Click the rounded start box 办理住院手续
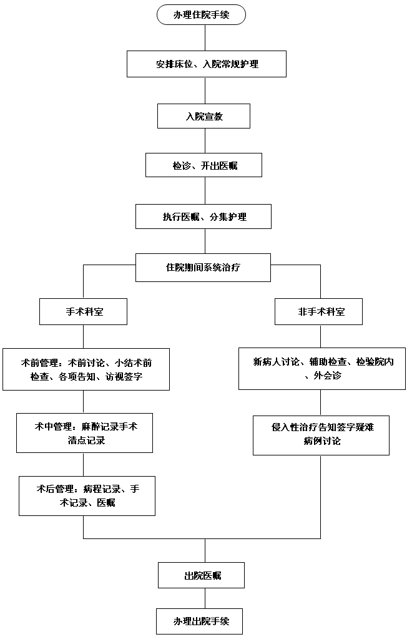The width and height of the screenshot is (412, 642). click(201, 14)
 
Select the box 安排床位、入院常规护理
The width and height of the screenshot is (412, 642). click(206, 64)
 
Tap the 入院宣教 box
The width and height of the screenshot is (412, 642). click(204, 115)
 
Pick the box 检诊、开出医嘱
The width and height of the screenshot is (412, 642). click(204, 165)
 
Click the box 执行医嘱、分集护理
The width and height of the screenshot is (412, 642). click(204, 216)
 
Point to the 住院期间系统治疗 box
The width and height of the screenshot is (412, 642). click(204, 267)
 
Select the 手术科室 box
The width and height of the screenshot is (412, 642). click(83, 311)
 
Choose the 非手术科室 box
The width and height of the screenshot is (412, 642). click(318, 311)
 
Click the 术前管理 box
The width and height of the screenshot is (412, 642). click(86, 369)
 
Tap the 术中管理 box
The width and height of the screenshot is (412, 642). click(84, 433)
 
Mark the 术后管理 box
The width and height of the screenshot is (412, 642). click(87, 495)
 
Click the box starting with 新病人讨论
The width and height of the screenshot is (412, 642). click(322, 369)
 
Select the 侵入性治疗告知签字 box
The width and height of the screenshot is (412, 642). click(321, 434)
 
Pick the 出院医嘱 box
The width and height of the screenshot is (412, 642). click(200, 575)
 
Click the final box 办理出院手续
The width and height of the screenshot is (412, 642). click(199, 621)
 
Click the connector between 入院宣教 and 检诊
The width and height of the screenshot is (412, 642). click(204, 140)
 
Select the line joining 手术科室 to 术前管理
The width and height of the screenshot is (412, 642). click(83, 336)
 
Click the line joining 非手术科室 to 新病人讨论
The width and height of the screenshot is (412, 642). click(321, 336)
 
